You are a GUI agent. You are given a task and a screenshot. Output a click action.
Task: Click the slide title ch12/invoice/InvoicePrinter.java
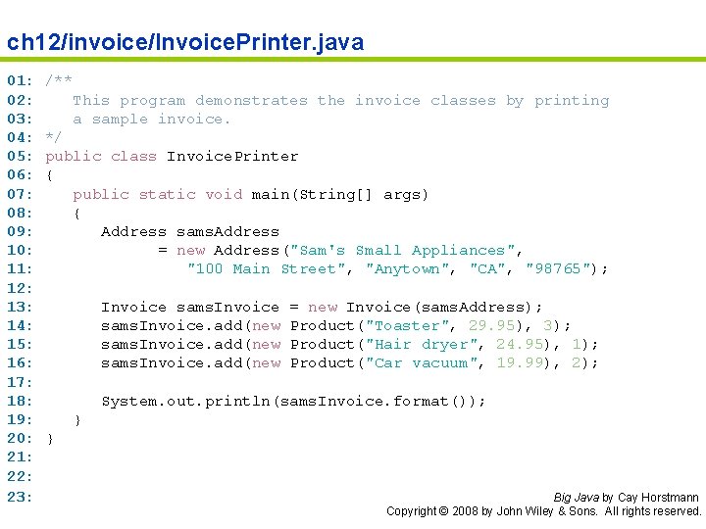pos(185,42)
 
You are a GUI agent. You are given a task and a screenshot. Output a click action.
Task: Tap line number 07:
pos(21,194)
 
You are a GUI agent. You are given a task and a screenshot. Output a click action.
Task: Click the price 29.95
pos(491,325)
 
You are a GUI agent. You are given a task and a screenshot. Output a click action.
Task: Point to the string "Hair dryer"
pos(422,344)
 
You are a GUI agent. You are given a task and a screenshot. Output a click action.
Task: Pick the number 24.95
pos(520,344)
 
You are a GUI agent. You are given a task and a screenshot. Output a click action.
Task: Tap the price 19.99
pos(520,362)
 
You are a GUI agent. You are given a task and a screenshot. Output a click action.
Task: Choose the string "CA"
pos(487,268)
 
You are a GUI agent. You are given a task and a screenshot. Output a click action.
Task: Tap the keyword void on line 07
pos(224,194)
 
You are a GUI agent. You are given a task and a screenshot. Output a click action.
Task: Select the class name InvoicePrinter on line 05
pos(232,156)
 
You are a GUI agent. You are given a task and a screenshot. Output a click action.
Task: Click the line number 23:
pos(21,496)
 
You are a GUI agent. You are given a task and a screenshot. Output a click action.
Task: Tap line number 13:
pos(21,307)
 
